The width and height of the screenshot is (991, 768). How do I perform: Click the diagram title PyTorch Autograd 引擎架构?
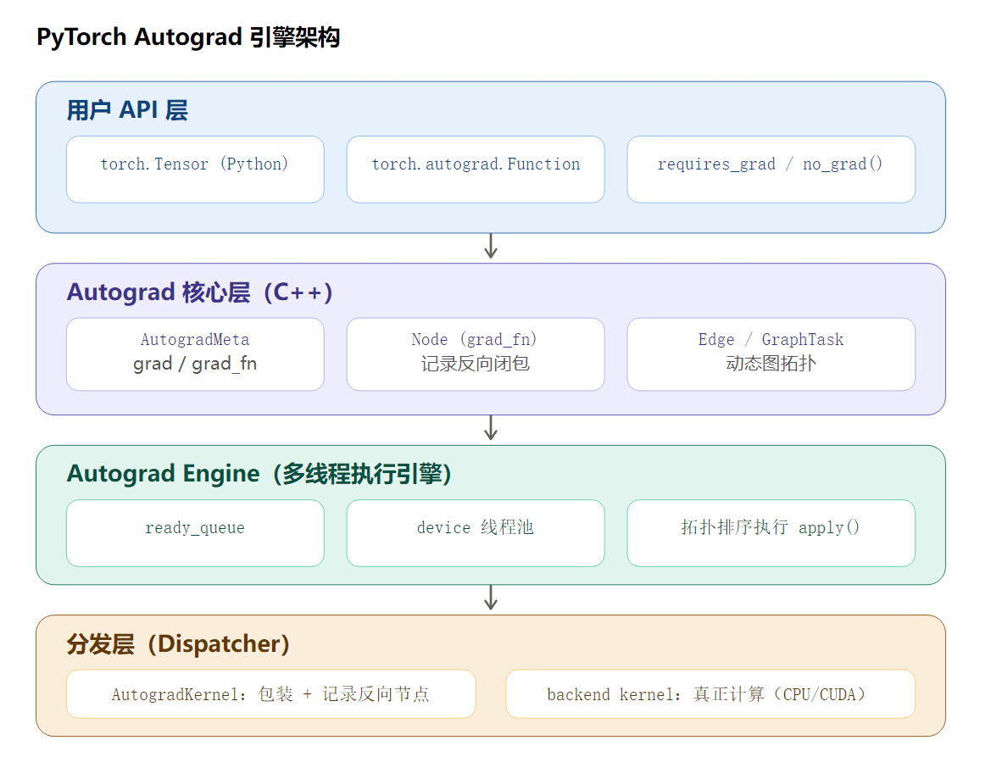[x=188, y=37]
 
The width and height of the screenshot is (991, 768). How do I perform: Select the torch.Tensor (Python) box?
[x=195, y=170]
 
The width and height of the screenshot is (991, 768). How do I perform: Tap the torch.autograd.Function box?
[x=476, y=170]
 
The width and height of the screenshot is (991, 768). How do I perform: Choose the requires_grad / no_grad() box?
[x=771, y=170]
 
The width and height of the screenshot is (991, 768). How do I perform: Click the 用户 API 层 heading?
[x=128, y=110]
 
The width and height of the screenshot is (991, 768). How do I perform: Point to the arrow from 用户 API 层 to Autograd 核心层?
[x=491, y=246]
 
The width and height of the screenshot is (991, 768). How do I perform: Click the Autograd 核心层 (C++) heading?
[x=200, y=292]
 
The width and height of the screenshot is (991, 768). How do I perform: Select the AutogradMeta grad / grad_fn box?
[x=195, y=354]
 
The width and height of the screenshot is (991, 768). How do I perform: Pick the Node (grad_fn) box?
[x=476, y=354]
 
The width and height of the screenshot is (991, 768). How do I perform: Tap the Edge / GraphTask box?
[x=771, y=354]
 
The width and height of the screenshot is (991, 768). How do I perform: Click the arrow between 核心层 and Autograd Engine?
[x=491, y=428]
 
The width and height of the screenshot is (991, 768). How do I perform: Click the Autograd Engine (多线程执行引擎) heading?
[x=259, y=474]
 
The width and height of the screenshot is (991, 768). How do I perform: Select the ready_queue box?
[x=195, y=533]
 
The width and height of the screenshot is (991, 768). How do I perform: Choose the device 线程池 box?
[x=476, y=533]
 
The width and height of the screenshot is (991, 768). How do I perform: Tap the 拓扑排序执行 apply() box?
[x=771, y=533]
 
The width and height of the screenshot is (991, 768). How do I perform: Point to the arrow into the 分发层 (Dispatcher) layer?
[x=491, y=598]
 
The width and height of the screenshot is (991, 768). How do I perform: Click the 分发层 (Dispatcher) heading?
[x=178, y=643]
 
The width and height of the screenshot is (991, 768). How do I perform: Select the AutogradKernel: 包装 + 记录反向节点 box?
[x=270, y=694]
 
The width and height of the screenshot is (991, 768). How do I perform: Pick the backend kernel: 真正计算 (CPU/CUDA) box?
[x=710, y=694]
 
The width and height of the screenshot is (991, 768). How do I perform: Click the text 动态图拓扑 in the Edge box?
[x=771, y=364]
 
